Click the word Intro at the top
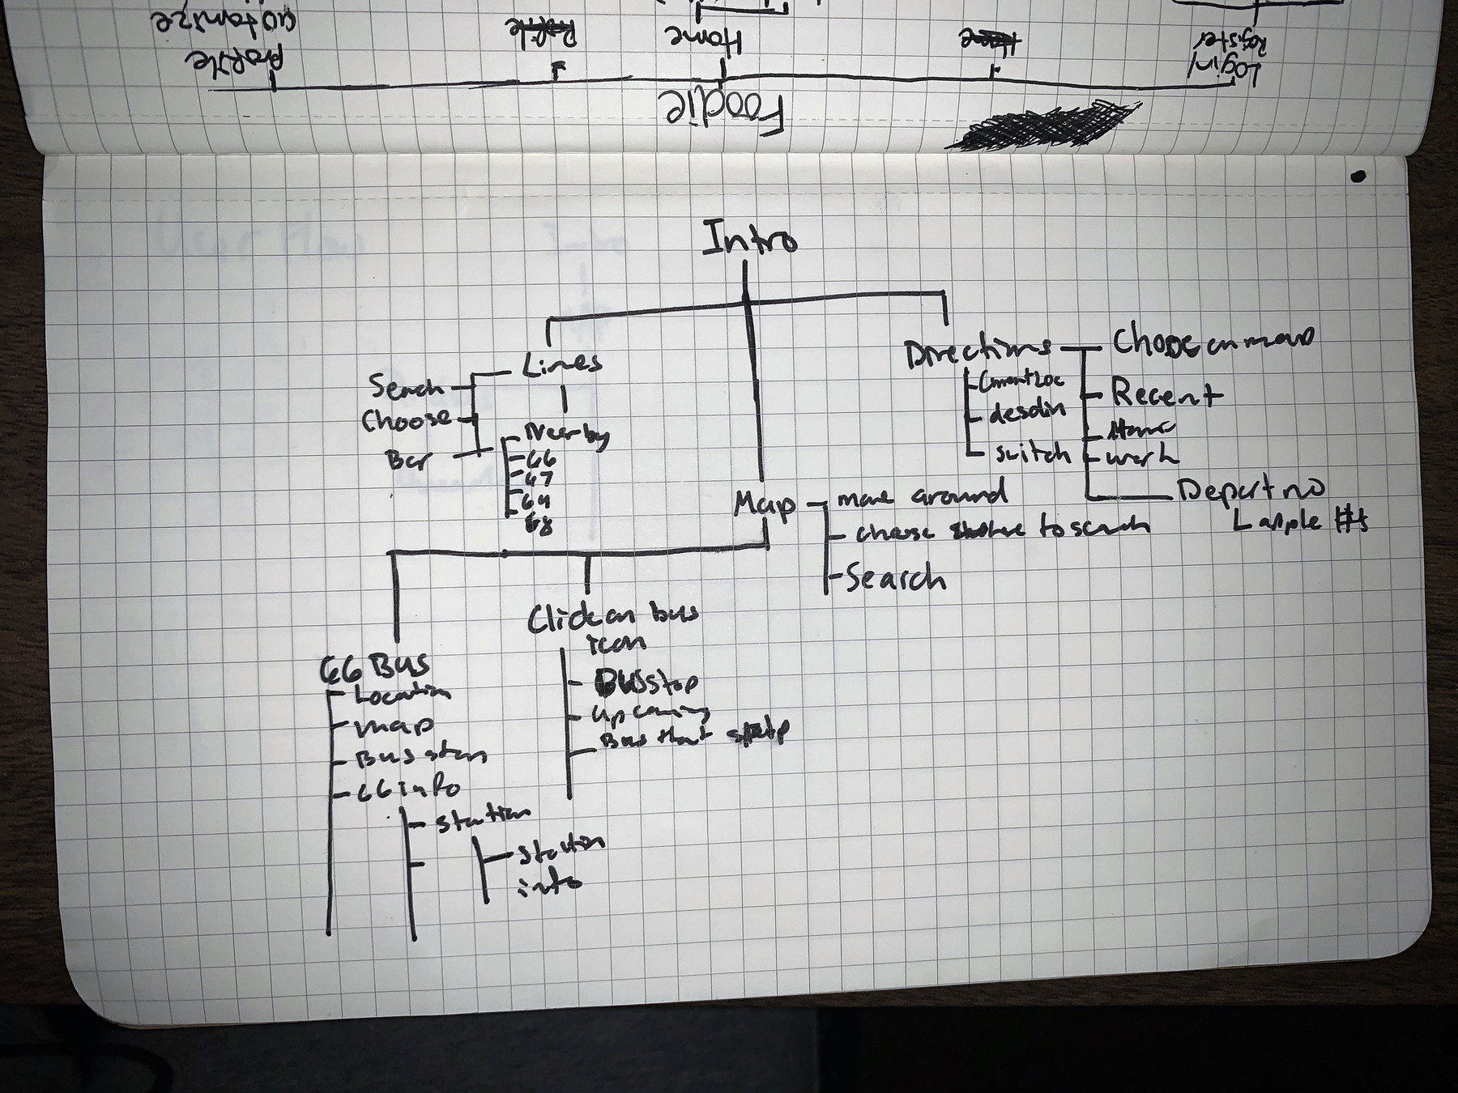tap(750, 240)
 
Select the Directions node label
tap(977, 351)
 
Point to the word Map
tap(764, 504)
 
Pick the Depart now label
tap(1250, 490)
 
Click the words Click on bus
tap(612, 618)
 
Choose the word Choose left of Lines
tap(407, 419)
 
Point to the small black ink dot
tap(1358, 176)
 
